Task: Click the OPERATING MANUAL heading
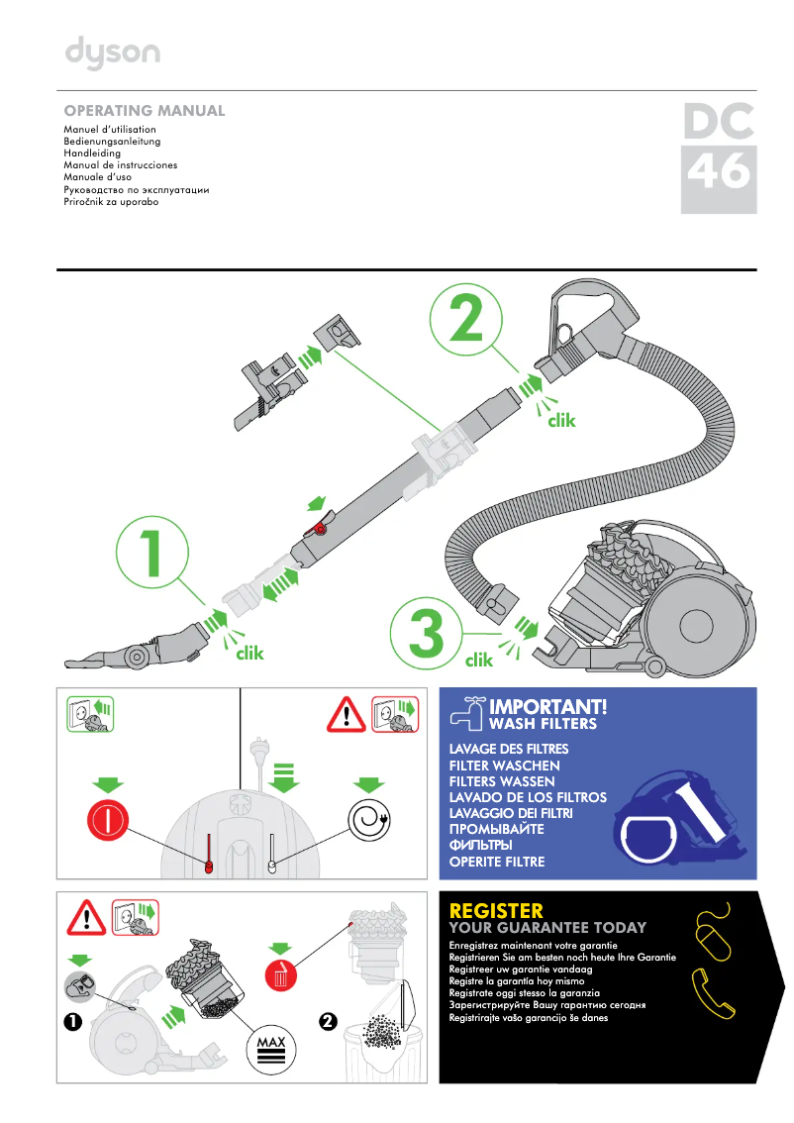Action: click(x=145, y=111)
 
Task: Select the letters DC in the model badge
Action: click(x=719, y=121)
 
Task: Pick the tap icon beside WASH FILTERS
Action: click(x=468, y=711)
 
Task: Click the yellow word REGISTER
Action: click(x=496, y=910)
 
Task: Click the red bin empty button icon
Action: click(x=281, y=975)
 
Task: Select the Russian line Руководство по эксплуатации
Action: click(x=137, y=189)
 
